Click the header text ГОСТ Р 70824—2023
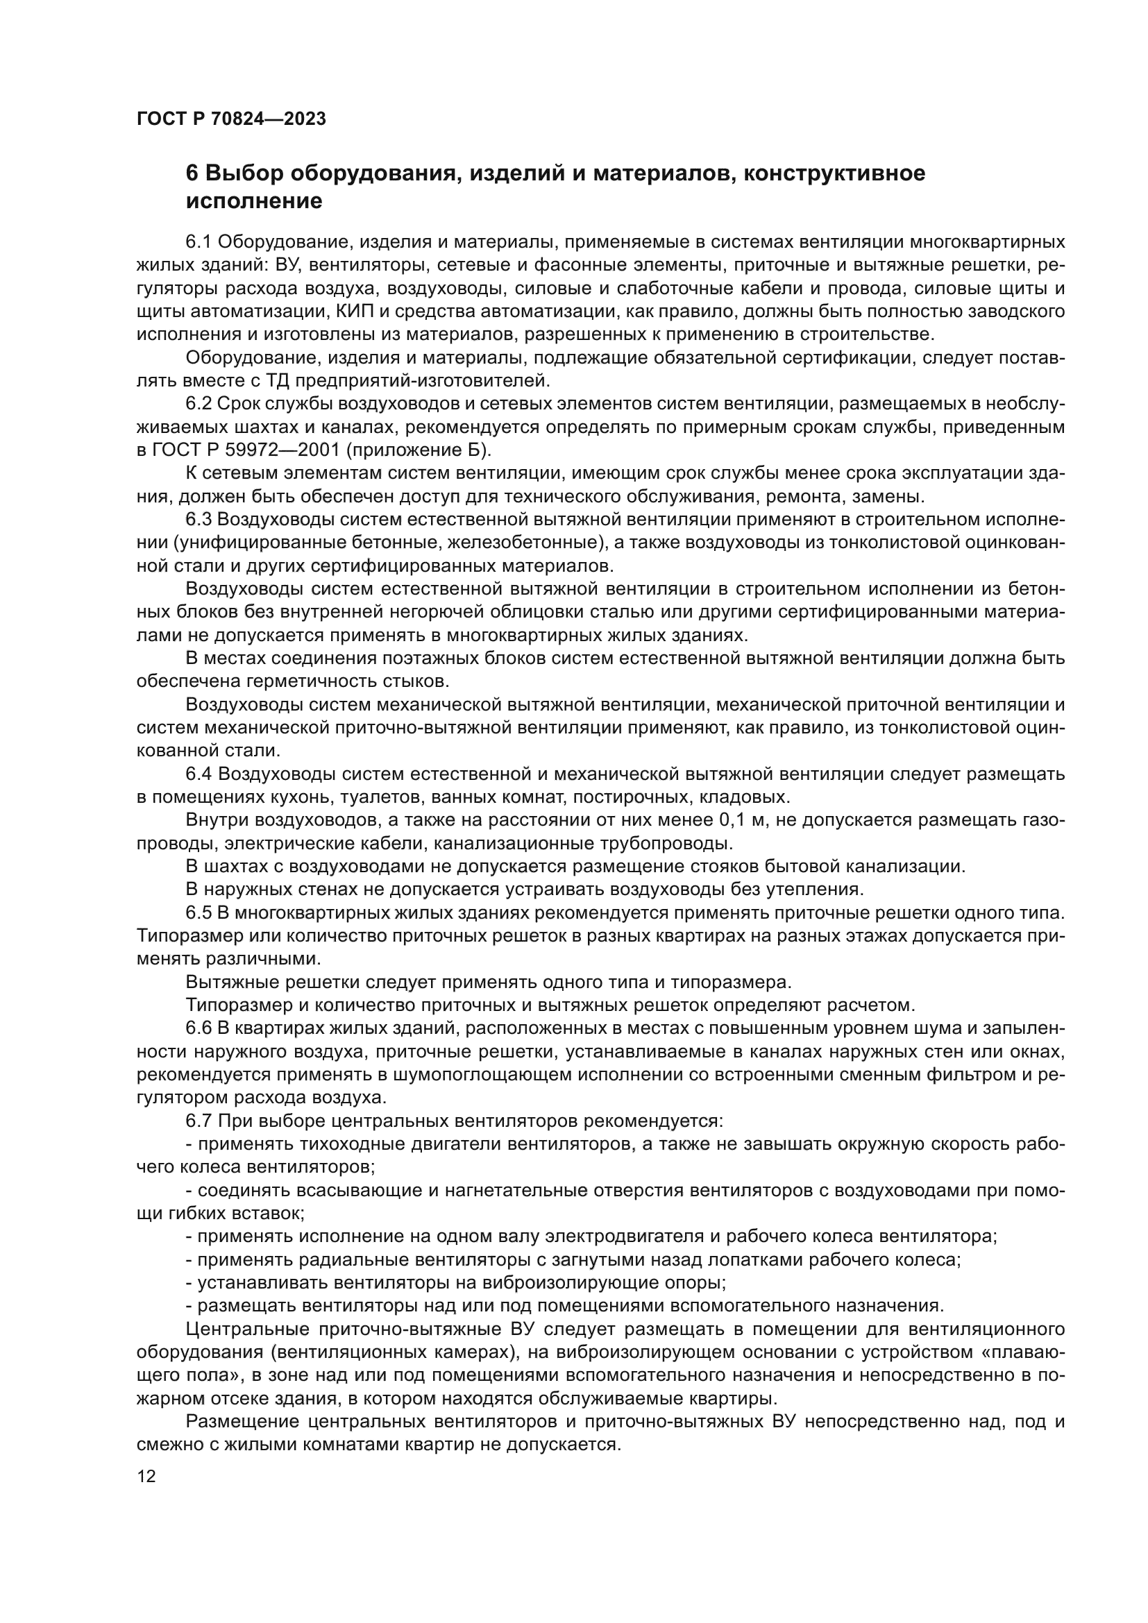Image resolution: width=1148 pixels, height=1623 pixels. pyautogui.click(x=231, y=119)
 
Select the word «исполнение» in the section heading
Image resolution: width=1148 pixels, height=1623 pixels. pyautogui.click(x=254, y=201)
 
